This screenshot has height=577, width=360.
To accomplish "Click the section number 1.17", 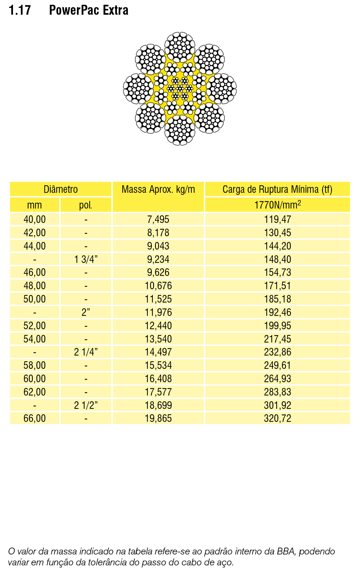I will click(20, 10).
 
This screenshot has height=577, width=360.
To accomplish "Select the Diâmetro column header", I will click(61, 189).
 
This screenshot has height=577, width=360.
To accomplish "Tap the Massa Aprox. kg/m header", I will click(158, 189).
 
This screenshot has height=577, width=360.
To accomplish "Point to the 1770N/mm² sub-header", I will click(277, 205).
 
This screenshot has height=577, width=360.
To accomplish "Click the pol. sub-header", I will click(85, 205).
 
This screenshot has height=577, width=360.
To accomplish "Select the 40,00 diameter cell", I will click(35, 219).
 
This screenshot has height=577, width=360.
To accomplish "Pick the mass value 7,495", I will click(158, 219).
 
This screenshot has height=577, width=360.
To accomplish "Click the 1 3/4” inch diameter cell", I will click(86, 259).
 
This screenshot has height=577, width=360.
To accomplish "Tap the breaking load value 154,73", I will click(277, 272).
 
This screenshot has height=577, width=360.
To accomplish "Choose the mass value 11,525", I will click(158, 299).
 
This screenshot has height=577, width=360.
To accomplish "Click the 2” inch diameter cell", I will click(86, 312).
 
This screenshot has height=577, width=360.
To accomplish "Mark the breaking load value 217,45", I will click(277, 339).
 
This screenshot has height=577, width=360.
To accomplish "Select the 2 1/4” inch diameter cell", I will click(86, 352).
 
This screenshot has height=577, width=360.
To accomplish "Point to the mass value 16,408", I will click(158, 379).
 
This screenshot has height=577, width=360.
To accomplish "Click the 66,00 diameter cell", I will click(35, 418).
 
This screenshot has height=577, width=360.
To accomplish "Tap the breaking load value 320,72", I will click(277, 418).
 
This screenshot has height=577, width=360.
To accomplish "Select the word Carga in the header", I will click(234, 189).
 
